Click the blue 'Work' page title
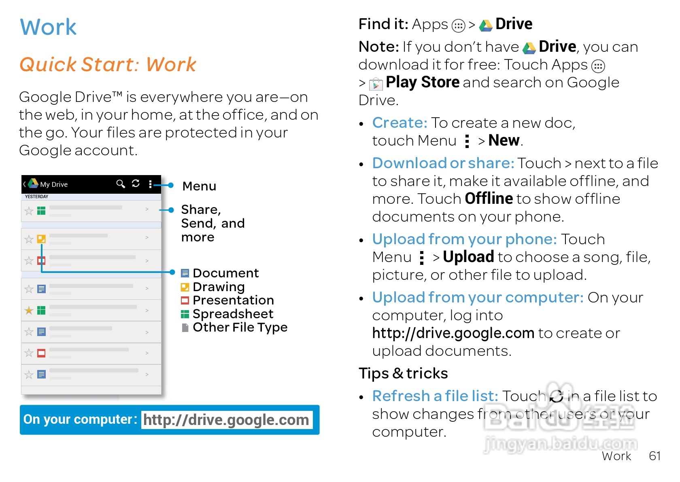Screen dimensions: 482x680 (x=48, y=27)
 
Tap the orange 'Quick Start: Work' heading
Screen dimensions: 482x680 (x=108, y=65)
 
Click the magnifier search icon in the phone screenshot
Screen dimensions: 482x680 (x=120, y=184)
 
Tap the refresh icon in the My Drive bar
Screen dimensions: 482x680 (x=136, y=184)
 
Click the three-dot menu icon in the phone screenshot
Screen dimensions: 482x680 (x=150, y=184)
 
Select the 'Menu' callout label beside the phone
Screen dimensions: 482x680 (x=199, y=186)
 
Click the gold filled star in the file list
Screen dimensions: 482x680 (x=29, y=311)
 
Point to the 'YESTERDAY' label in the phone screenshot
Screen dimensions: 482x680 (x=36, y=197)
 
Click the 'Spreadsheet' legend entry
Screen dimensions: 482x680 (x=233, y=314)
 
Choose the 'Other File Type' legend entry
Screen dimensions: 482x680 (x=240, y=327)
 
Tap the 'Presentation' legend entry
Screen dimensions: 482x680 (x=233, y=300)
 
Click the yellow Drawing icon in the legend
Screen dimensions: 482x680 (x=185, y=287)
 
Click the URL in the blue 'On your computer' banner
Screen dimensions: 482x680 (x=226, y=420)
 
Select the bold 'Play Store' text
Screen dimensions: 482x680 (x=422, y=82)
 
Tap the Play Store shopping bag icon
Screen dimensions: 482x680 (x=376, y=84)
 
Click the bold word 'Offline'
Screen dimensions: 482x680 (x=489, y=199)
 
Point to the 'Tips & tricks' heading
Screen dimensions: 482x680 (x=403, y=373)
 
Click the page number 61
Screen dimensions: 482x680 (x=654, y=456)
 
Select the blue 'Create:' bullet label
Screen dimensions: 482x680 (x=399, y=123)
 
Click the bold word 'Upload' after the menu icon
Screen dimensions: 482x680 (x=468, y=257)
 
